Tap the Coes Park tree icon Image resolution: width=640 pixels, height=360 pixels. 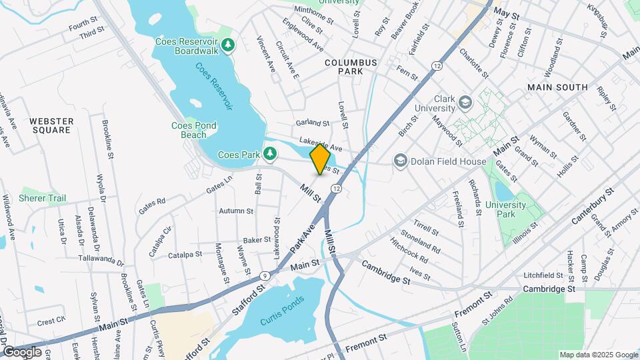pos(270,155)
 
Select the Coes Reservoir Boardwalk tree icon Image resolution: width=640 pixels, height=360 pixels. pos(228,45)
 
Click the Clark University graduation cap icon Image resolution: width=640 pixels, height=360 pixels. pos(464,103)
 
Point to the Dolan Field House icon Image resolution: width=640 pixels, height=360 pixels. pos(400,160)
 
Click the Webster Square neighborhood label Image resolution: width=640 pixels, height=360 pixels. pos(51,125)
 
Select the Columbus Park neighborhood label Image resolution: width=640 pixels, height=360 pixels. pos(351,67)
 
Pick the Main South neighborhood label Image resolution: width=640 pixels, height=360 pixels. pos(557,87)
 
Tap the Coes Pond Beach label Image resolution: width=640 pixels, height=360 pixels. pos(194,130)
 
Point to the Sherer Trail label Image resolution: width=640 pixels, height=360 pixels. pos(43,198)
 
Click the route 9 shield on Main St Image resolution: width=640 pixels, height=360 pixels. pos(265,275)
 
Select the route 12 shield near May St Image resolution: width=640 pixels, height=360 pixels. pos(437,65)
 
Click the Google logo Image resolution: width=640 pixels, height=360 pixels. pos(22,351)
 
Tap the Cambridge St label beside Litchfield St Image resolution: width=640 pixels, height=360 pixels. pos(549,289)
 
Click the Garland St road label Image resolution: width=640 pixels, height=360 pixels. pos(313,123)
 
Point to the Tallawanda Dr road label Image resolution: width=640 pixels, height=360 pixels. pos(101,259)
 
